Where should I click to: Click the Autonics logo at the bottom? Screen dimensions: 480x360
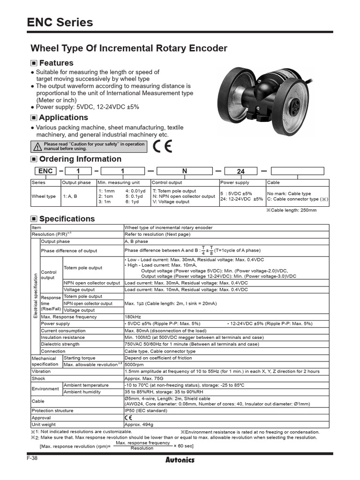point(180,459)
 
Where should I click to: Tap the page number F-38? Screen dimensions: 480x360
point(32,458)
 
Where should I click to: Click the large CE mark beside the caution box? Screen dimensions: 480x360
point(162,146)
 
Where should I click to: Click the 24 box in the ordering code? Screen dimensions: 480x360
point(241,172)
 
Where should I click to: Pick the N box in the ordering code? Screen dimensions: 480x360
point(185,172)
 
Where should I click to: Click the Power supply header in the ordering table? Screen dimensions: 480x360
point(235,182)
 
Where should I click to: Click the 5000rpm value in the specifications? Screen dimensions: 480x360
point(135,364)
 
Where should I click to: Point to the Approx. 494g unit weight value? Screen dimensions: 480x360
point(139,424)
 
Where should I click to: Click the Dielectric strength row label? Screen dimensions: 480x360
point(60,344)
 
